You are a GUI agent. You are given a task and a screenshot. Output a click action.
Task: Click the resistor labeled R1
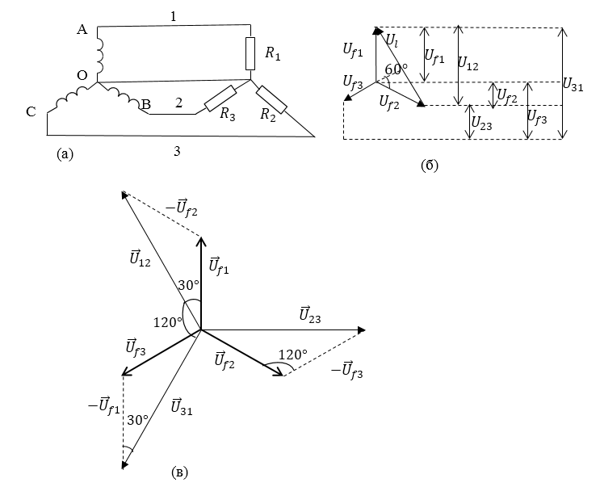click(x=250, y=53)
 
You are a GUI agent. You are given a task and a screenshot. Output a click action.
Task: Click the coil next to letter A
click(x=100, y=52)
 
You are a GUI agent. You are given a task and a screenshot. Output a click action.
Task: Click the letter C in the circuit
click(x=31, y=112)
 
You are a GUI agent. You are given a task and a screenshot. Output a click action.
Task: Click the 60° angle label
click(x=395, y=70)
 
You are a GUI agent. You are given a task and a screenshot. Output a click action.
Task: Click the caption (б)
click(x=429, y=166)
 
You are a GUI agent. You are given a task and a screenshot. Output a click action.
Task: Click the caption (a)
click(x=65, y=153)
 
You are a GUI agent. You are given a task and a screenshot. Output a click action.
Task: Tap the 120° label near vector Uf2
click(x=293, y=355)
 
